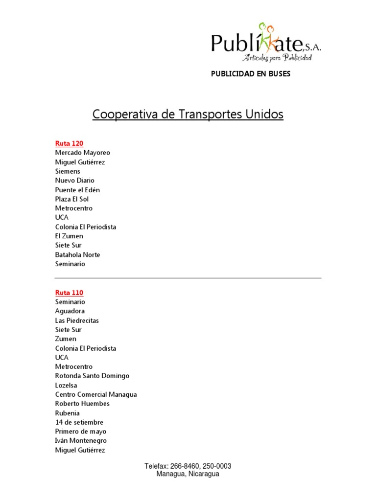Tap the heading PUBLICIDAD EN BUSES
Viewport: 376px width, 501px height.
[x=250, y=74]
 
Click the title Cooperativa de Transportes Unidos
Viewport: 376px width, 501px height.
[x=188, y=114]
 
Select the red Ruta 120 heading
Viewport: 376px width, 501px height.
[x=69, y=143]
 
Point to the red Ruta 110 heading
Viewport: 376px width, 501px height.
[x=69, y=293]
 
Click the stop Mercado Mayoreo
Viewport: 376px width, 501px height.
[x=82, y=153]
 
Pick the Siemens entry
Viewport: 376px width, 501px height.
[x=68, y=171]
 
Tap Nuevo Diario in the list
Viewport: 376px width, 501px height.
[x=74, y=181]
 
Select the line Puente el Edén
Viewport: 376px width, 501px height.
[x=77, y=190]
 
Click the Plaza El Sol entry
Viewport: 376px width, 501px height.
[x=71, y=199]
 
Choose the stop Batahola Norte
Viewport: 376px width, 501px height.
[x=77, y=254]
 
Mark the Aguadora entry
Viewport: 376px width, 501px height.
[x=70, y=311]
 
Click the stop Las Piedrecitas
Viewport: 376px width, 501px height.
[x=77, y=320]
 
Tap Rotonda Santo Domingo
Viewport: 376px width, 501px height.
[x=92, y=376]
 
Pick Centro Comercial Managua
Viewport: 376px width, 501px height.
[x=96, y=394]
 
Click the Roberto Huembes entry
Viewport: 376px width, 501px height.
[x=82, y=404]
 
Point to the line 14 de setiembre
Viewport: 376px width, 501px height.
[x=79, y=422]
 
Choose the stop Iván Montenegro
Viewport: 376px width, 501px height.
[x=81, y=441]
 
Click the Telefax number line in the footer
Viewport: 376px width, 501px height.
[x=188, y=466]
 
